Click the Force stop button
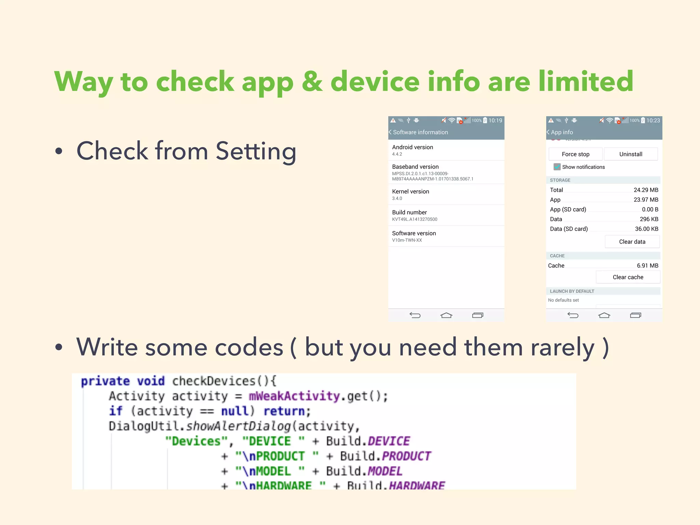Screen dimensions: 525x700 point(576,154)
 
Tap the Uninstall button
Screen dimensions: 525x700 point(631,154)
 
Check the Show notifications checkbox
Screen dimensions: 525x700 point(557,167)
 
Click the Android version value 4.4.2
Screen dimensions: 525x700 point(397,154)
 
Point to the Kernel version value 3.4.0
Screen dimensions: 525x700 point(397,198)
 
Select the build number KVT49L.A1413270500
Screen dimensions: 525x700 point(415,219)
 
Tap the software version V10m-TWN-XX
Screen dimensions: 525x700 point(407,240)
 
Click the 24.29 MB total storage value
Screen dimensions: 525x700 point(646,190)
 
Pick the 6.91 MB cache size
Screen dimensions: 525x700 point(647,266)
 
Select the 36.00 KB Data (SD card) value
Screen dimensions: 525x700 point(646,229)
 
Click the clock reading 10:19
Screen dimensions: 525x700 point(495,121)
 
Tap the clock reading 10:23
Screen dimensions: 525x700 point(653,121)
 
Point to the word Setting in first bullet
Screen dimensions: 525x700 point(256,151)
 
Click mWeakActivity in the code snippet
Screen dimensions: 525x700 point(294,396)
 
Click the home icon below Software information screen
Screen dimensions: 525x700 point(446,315)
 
